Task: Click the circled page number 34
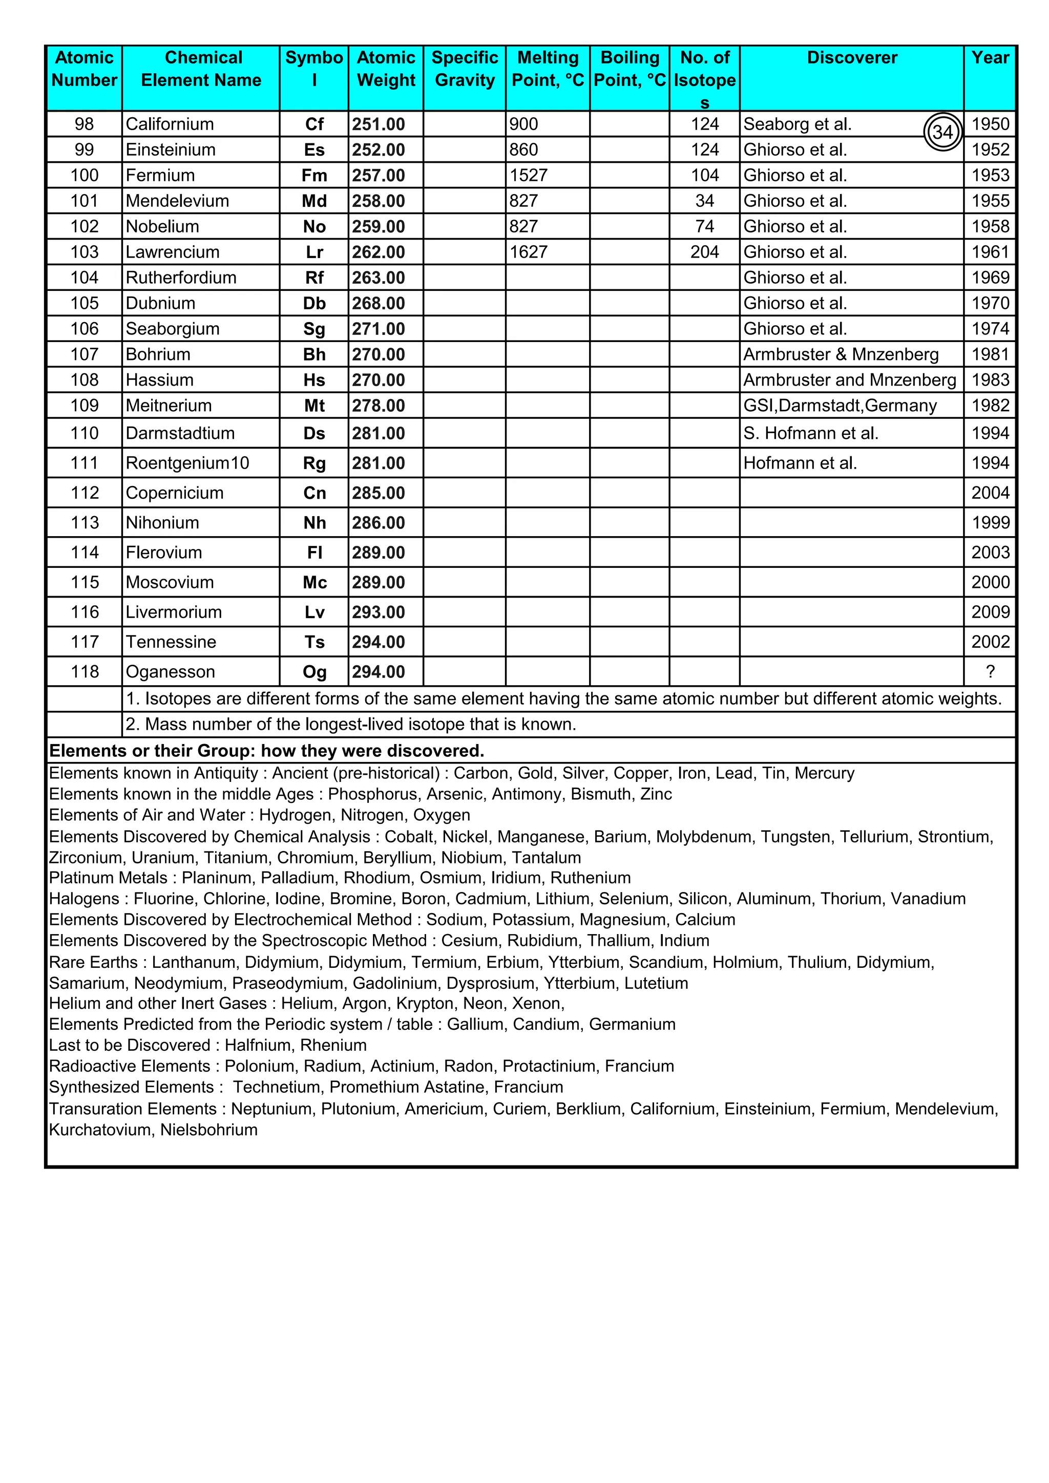click(942, 133)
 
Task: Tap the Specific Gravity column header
click(465, 69)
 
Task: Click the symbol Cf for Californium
click(314, 124)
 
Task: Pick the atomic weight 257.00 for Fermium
click(379, 176)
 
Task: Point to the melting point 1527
click(529, 176)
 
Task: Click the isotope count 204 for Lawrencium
click(704, 252)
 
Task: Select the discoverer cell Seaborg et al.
click(797, 124)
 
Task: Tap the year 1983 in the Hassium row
click(990, 380)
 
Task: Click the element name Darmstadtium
click(180, 433)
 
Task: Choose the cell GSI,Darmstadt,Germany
click(840, 406)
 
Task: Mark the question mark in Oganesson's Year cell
click(990, 672)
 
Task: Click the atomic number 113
click(85, 522)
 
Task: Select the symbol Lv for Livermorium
click(314, 612)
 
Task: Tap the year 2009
click(990, 612)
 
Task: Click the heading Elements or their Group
click(266, 751)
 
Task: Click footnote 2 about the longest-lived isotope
click(351, 725)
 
